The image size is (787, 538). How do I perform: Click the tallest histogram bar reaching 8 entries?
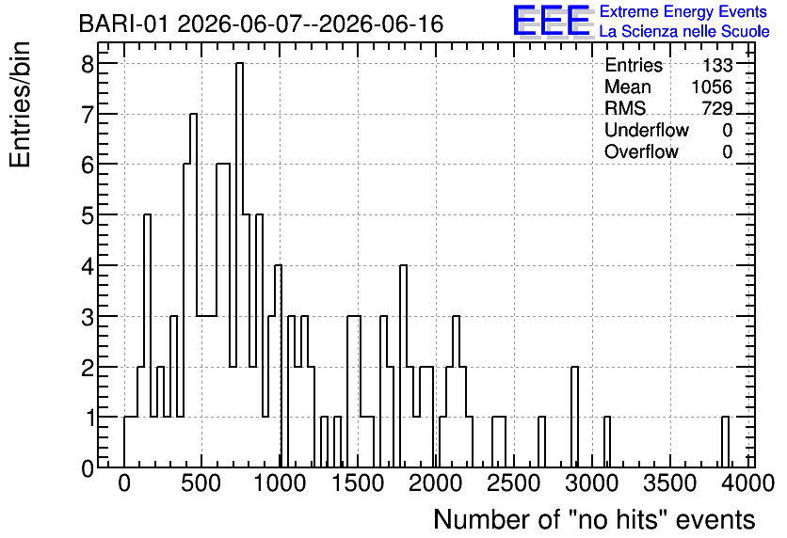239,264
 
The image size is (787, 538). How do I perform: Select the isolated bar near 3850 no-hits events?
725,442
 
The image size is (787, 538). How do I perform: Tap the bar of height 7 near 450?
193,291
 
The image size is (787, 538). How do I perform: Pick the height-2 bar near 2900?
574,417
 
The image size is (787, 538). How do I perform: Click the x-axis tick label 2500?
514,483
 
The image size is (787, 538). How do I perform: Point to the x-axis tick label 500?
201,483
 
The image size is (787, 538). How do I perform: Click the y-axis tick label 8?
88,63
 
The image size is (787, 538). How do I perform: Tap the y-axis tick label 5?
88,215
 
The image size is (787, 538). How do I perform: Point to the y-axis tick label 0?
88,468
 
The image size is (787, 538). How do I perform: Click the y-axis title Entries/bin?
20,104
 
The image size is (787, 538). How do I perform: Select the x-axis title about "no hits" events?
594,519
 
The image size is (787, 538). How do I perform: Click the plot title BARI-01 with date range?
261,24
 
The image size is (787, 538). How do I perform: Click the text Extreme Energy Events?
683,11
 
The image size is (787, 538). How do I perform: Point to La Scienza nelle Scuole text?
684,32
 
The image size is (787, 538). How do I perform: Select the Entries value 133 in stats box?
717,65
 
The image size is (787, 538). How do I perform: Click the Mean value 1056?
712,87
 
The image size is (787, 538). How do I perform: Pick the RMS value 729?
717,108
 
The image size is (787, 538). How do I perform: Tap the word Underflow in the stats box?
647,130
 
